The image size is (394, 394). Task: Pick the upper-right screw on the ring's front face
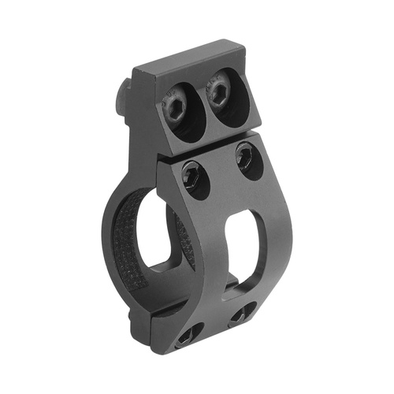pos(247,160)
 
